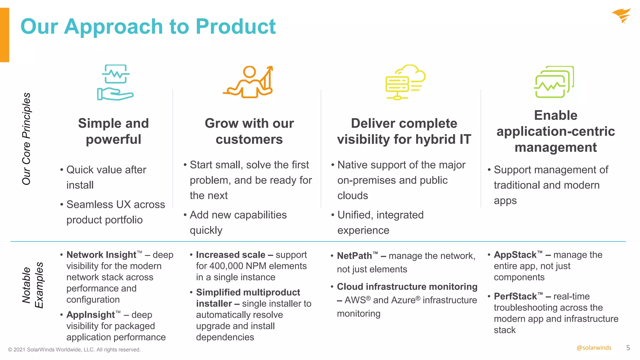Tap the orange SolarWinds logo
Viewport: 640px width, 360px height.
tap(621, 16)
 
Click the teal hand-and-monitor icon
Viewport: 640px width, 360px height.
tap(115, 82)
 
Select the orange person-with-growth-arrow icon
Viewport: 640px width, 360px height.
tap(249, 82)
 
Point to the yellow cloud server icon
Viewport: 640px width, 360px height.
tap(405, 82)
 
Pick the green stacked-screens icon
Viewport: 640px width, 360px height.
tap(554, 82)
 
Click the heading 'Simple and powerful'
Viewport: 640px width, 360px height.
tap(113, 131)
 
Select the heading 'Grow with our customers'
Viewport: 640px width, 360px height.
tap(249, 131)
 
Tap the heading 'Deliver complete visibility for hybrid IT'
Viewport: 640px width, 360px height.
tap(404, 131)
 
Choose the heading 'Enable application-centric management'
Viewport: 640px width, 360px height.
tap(556, 131)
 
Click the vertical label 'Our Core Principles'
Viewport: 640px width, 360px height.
tap(27, 139)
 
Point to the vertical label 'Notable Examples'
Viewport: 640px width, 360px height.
tap(32, 285)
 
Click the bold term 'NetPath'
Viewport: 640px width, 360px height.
tap(354, 256)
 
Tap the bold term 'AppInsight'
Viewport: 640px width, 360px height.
tap(91, 315)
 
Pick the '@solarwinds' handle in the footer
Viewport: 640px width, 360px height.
tap(594, 348)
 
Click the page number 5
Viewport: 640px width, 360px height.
tap(628, 348)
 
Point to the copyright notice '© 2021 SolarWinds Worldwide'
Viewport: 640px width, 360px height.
tap(74, 350)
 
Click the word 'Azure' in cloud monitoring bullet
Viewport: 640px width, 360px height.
tap(403, 300)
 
